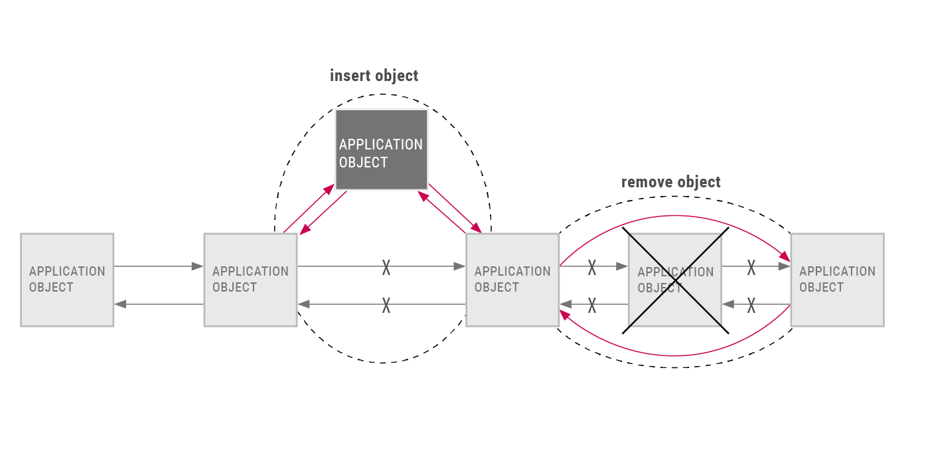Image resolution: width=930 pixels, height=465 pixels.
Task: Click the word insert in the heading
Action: click(x=350, y=76)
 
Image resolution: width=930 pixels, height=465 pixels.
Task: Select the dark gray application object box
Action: click(x=382, y=150)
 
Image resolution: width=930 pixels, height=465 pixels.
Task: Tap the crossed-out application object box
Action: click(x=675, y=280)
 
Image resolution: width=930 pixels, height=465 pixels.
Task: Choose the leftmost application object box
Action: click(x=67, y=280)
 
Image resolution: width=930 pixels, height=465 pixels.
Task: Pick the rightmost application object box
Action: click(x=838, y=280)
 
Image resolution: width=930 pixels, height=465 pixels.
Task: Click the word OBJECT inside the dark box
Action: click(x=363, y=163)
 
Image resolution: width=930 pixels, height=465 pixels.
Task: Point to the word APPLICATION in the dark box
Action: click(x=381, y=145)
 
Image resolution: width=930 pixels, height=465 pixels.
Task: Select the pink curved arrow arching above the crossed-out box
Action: click(x=675, y=216)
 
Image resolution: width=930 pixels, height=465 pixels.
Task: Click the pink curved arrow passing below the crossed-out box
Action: click(x=675, y=355)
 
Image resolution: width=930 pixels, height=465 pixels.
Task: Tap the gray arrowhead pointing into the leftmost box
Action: click(x=120, y=304)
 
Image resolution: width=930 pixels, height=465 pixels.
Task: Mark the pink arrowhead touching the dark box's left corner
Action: click(x=329, y=189)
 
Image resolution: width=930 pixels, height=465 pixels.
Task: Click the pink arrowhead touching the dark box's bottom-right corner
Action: click(x=424, y=196)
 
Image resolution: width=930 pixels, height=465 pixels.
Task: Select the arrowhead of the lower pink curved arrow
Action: click(x=566, y=315)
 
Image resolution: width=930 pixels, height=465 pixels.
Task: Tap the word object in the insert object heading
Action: click(x=396, y=76)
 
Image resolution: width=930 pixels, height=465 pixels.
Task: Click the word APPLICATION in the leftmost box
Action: click(x=67, y=271)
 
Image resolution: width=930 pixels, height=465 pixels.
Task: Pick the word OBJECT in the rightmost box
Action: click(x=821, y=287)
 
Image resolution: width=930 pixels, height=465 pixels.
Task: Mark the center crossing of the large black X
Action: click(x=676, y=280)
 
